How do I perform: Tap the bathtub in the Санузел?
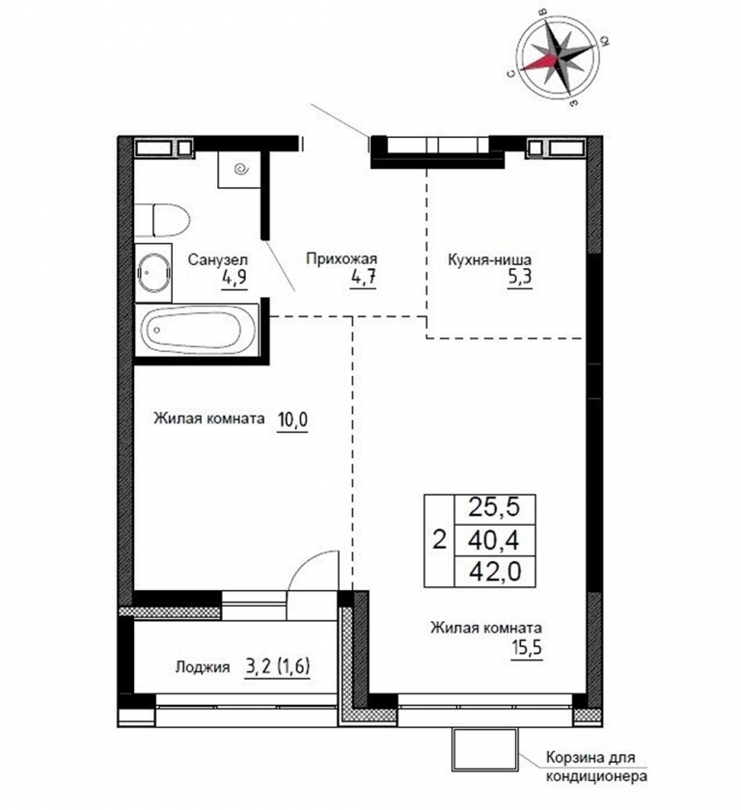point(197,330)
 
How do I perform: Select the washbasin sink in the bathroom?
point(154,273)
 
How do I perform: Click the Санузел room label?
point(217,259)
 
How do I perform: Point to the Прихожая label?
point(342,258)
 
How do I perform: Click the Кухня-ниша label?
point(489,258)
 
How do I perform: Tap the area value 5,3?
point(519,278)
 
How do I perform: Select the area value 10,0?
point(292,419)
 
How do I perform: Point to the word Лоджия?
point(203,667)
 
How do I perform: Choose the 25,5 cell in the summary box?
point(494,508)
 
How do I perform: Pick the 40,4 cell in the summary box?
point(494,541)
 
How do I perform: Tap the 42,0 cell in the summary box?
point(495,572)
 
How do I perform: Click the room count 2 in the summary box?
point(439,541)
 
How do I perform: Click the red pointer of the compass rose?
point(539,63)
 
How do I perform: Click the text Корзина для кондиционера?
point(597,768)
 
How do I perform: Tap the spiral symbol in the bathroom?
point(241,169)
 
